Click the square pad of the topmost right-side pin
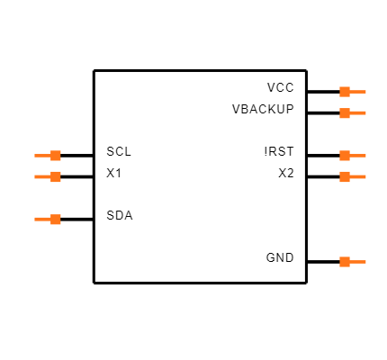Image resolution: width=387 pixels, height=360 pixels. pos(345,92)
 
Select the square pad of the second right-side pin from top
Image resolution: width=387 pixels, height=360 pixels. pos(345,113)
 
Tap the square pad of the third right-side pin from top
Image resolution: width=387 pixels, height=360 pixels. pos(345,156)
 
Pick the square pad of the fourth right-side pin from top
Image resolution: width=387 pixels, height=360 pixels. pos(345,177)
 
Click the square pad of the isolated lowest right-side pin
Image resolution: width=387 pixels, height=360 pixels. pos(345,262)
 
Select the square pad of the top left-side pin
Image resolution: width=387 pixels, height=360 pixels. pos(56,156)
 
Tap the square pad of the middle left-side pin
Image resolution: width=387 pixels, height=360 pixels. pos(56,177)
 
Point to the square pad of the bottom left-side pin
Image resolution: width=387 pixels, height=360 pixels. pos(56,220)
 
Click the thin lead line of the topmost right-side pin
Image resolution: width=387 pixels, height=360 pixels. pos(358,92)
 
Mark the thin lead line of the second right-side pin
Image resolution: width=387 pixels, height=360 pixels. pos(358,113)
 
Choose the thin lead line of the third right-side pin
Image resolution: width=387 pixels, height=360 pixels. pos(358,156)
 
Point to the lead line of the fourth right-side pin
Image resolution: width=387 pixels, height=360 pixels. pos(358,177)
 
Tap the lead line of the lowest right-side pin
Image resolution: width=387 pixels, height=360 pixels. pos(358,262)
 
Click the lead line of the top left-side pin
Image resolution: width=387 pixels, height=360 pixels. pos(42,156)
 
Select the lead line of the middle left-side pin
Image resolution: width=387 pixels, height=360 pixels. pos(42,177)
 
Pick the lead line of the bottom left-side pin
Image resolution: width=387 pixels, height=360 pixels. pos(42,220)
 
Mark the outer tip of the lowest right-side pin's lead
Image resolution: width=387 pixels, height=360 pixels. pos(365,262)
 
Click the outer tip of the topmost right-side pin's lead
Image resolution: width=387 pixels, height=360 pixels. pos(365,92)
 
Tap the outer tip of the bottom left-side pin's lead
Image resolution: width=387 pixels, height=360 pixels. pos(35,220)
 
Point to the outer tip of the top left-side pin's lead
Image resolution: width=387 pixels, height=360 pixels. pos(35,156)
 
